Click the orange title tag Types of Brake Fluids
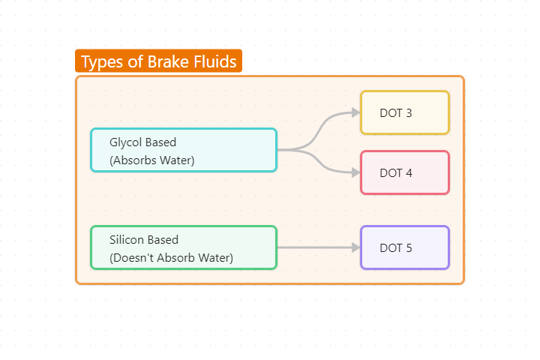coord(158,61)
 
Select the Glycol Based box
coord(184,150)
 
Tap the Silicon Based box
coord(184,247)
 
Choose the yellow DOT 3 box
coord(404,112)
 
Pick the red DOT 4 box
coord(404,172)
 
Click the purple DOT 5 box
coord(404,247)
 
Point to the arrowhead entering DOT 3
coord(355,112)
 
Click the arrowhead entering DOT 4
coord(355,172)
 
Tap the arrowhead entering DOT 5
coord(355,247)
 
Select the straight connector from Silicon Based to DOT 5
coord(315,247)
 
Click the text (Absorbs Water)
coord(152,160)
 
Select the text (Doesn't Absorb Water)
coord(171,258)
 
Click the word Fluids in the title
coord(217,61)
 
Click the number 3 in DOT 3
coord(408,113)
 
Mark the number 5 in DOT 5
coord(408,248)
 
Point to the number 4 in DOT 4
coord(408,173)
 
